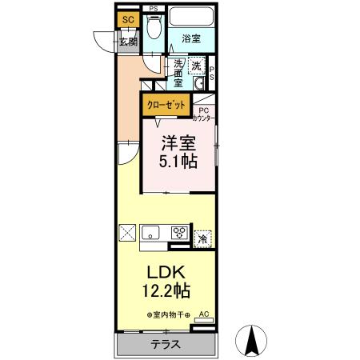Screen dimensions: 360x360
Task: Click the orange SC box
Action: [127, 20]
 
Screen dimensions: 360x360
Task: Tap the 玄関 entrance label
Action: [128, 42]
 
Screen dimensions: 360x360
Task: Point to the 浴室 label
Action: [190, 38]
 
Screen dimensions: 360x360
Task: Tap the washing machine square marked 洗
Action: [197, 69]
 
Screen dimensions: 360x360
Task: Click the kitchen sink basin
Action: [152, 234]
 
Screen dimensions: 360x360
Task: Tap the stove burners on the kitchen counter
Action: [179, 234]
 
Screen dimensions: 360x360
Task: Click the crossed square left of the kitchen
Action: [128, 234]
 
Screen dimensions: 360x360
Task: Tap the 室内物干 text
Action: [168, 314]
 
